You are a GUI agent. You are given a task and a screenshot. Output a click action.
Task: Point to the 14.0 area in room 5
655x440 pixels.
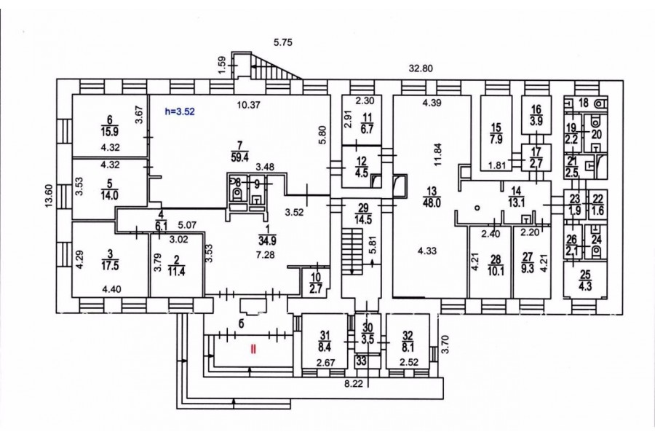pos(111,196)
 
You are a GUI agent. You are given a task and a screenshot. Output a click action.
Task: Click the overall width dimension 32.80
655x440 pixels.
pos(422,69)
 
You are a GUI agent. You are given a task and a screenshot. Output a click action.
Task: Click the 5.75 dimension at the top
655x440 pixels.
pos(282,43)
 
